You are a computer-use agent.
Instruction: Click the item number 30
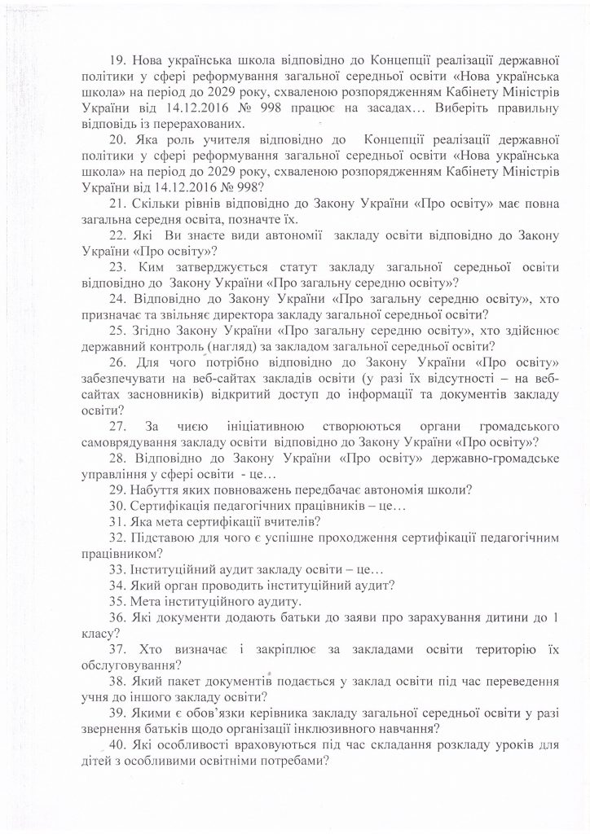(117, 506)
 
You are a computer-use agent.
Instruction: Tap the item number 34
(117, 586)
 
